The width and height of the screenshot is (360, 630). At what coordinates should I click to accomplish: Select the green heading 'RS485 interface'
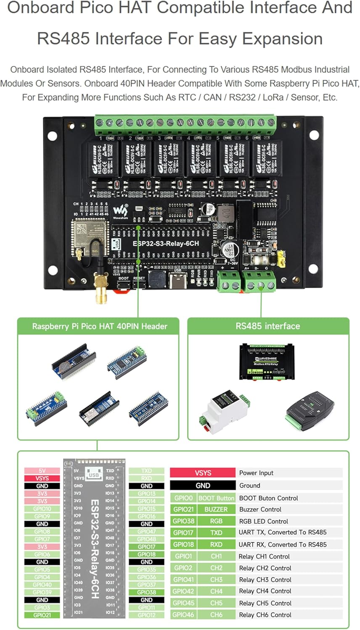pyautogui.click(x=268, y=326)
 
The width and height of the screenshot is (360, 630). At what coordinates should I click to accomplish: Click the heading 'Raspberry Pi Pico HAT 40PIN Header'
pyautogui.click(x=100, y=326)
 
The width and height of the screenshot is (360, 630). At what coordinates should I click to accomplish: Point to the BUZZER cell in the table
pyautogui.click(x=216, y=509)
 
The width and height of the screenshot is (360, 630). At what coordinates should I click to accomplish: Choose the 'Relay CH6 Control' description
pyautogui.click(x=265, y=614)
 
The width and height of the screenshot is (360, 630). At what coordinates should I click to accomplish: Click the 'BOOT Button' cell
pyautogui.click(x=216, y=498)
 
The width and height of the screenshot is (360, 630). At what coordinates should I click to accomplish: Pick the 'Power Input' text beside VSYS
pyautogui.click(x=256, y=473)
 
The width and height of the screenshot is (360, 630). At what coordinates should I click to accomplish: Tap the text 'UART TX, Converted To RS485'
pyautogui.click(x=283, y=532)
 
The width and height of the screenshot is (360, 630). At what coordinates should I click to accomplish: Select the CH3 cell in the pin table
pyautogui.click(x=216, y=580)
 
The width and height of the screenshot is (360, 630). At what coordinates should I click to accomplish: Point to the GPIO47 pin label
pyautogui.click(x=146, y=531)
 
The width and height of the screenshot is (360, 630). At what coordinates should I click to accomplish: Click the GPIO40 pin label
pyautogui.click(x=42, y=585)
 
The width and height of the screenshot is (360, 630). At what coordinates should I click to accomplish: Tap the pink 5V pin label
pyautogui.click(x=42, y=471)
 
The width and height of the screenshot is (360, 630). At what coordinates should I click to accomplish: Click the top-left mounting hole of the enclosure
pyautogui.click(x=52, y=136)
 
